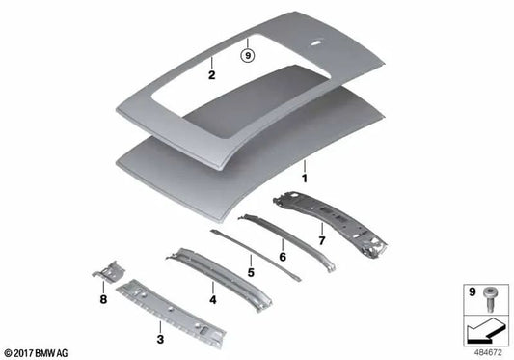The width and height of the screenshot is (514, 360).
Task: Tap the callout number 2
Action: [211, 72]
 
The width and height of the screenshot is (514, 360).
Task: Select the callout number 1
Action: [305, 179]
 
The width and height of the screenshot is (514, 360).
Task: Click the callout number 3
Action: [159, 339]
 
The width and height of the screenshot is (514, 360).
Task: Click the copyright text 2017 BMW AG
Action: [38, 351]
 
